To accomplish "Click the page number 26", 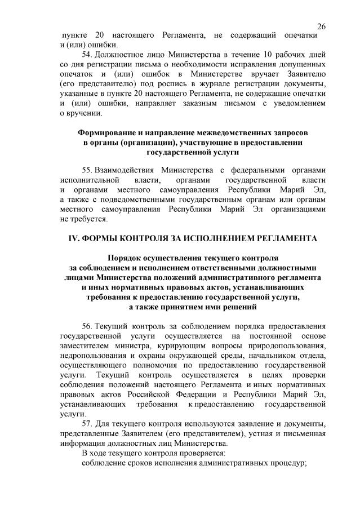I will (x=322, y=26).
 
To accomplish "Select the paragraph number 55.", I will (x=87, y=170).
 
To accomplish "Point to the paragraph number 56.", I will (x=87, y=327).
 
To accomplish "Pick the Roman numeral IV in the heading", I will (x=73, y=238).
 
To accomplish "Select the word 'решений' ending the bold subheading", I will (x=238, y=307).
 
